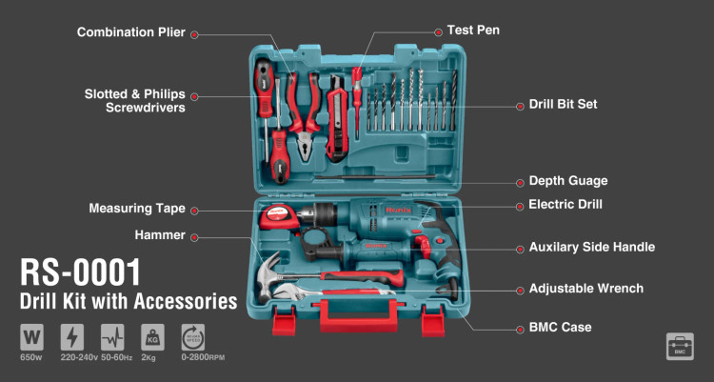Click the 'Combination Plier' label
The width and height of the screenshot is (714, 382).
(131, 32)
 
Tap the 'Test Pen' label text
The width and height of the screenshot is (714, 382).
(473, 30)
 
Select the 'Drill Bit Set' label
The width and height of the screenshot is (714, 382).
(563, 104)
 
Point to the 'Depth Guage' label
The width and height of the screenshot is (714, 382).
(568, 181)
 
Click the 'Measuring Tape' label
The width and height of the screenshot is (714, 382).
(137, 209)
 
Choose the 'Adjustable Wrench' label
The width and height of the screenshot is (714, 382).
(586, 289)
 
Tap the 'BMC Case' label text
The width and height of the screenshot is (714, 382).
(560, 328)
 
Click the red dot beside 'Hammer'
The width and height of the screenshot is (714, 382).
(194, 237)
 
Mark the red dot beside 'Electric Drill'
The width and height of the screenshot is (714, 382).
(520, 207)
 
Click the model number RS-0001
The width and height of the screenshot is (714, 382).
(80, 272)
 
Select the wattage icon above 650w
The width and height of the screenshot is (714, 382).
(31, 337)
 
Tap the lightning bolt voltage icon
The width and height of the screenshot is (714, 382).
(72, 337)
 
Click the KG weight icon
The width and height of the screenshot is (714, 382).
(152, 337)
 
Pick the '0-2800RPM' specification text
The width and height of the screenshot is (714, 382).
(203, 357)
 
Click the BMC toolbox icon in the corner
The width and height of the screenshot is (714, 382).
(680, 347)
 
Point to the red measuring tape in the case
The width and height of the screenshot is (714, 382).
(280, 217)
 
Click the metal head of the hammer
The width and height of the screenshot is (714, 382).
(268, 275)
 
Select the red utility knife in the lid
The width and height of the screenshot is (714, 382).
(337, 118)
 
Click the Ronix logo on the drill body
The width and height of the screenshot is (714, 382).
(399, 211)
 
